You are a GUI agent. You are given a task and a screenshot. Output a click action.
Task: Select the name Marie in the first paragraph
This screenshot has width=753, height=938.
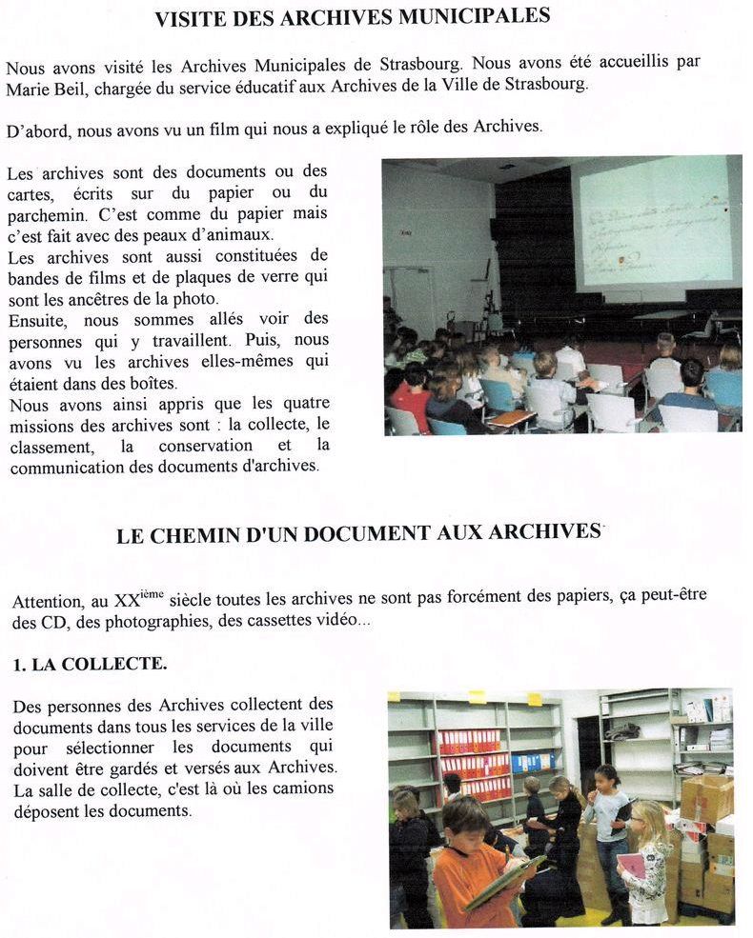point(29,84)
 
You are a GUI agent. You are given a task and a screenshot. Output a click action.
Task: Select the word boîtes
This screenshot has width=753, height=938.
point(150,384)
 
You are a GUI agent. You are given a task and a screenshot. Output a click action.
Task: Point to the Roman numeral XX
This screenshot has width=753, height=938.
point(127,602)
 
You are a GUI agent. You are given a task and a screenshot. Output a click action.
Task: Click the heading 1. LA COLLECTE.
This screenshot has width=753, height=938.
point(90,665)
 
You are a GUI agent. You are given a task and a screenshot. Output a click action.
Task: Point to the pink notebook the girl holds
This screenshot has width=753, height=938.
point(631,865)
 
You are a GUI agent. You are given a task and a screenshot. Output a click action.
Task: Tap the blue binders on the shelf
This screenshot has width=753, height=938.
point(529,762)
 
